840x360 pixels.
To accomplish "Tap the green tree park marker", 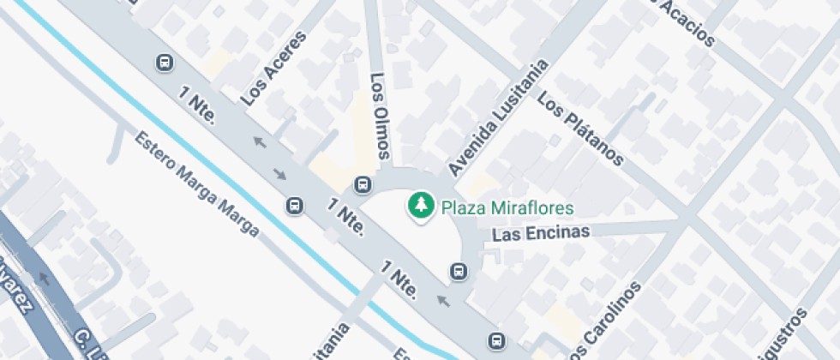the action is pyautogui.click(x=420, y=207).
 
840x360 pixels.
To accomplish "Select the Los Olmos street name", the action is pyautogui.click(x=381, y=116).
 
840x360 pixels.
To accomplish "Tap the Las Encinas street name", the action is pyautogui.click(x=543, y=232).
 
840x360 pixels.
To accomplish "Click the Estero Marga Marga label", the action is pyautogui.click(x=195, y=183).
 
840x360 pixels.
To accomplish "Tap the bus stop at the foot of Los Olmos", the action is pyautogui.click(x=363, y=185).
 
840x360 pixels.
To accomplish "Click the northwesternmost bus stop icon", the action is pyautogui.click(x=163, y=63).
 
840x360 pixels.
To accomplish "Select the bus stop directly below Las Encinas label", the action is pyautogui.click(x=459, y=272).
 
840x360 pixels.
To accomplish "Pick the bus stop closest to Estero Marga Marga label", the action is pyautogui.click(x=294, y=206).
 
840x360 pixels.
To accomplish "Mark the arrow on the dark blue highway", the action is pyautogui.click(x=41, y=278).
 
